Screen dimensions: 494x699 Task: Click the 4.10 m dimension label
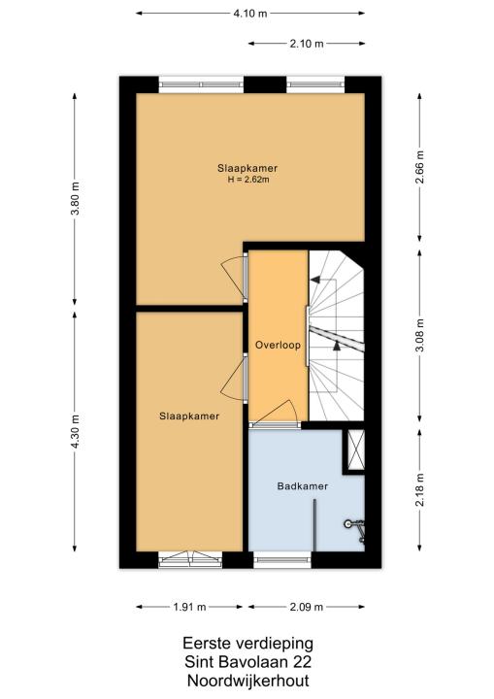250,14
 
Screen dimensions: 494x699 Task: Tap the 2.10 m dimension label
307,44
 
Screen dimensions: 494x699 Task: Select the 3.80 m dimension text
75,198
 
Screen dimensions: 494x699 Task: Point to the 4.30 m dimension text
75,431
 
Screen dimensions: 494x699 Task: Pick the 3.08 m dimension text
420,335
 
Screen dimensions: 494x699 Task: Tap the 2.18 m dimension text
420,490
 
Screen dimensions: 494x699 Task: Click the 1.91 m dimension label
189,607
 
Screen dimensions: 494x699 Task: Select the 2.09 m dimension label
307,607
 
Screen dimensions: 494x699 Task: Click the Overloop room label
278,345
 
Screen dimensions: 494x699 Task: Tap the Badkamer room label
303,486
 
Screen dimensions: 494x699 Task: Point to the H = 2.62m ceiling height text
248,181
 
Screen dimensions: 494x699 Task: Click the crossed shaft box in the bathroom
356,449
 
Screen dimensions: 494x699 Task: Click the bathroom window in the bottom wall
282,559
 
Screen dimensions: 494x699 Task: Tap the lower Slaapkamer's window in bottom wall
190,559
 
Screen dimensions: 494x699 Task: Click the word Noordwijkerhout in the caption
248,681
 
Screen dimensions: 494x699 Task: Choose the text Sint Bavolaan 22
248,661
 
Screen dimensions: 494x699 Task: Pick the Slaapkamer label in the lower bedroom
189,416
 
